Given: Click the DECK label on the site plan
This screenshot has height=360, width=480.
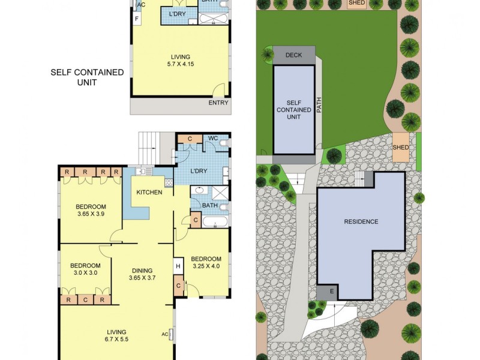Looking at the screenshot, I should click(x=293, y=55).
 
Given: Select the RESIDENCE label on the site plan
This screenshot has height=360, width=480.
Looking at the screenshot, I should click(x=361, y=221).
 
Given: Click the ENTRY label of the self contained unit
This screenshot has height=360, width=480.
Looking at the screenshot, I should click(x=218, y=103).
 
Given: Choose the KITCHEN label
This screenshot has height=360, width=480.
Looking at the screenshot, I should click(x=149, y=192).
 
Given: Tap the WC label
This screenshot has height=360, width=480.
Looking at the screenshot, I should click(x=212, y=139).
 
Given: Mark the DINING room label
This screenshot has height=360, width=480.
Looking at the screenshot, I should click(x=142, y=270).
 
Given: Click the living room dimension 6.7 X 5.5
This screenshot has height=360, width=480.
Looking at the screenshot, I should click(x=117, y=340).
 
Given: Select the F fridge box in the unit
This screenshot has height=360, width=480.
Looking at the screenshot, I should click(x=137, y=19).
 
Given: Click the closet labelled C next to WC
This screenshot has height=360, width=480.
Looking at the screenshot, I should click(x=190, y=139).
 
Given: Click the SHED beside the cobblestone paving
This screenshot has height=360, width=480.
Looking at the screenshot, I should click(x=400, y=148).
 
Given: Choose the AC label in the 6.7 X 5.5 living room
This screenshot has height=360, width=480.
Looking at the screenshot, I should click(x=165, y=334).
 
